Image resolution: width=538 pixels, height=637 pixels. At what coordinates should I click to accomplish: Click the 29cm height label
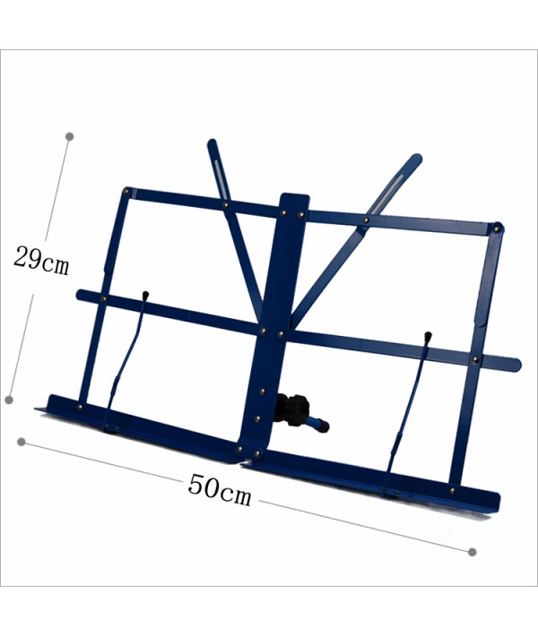[x=41, y=261]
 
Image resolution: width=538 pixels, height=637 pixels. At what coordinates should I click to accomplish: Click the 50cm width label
[x=220, y=489]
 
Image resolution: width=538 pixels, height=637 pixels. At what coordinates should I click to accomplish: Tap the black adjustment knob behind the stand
[x=293, y=409]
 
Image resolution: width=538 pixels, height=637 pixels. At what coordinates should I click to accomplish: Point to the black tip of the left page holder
[x=145, y=296]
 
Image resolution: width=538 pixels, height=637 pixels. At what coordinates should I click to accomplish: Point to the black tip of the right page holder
[x=428, y=337]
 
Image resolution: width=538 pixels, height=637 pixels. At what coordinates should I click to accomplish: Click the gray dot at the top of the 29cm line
[x=70, y=136]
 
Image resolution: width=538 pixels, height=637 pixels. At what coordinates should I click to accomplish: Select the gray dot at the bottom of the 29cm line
[x=9, y=400]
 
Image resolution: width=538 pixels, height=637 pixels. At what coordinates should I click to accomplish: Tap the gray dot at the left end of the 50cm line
[x=22, y=442]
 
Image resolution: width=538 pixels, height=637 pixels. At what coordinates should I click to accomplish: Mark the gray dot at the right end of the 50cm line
[x=473, y=552]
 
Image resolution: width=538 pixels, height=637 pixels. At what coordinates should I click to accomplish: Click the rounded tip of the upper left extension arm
[x=212, y=142]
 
